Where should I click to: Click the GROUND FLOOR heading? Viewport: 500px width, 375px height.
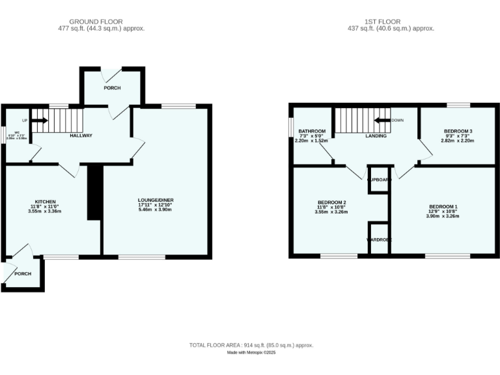coord(101,21)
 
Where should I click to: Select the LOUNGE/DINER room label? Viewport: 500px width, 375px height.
coord(156,201)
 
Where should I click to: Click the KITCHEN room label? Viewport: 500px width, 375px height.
coord(46,201)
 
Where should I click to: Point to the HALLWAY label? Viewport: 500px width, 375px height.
coord(81,135)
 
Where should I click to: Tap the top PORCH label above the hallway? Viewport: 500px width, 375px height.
coord(112,88)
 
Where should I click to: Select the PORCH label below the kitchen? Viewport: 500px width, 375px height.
coord(23,273)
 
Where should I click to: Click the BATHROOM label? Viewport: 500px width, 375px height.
coord(311,131)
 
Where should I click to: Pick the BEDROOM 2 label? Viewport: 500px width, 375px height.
coord(331,202)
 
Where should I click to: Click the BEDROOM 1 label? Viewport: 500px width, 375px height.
coord(443,206)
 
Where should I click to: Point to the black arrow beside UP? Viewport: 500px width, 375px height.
coord(40,120)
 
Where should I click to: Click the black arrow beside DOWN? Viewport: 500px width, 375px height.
coord(382,120)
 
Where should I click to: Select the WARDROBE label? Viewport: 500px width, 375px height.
coord(378,240)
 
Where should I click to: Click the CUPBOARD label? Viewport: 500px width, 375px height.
coord(378,179)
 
